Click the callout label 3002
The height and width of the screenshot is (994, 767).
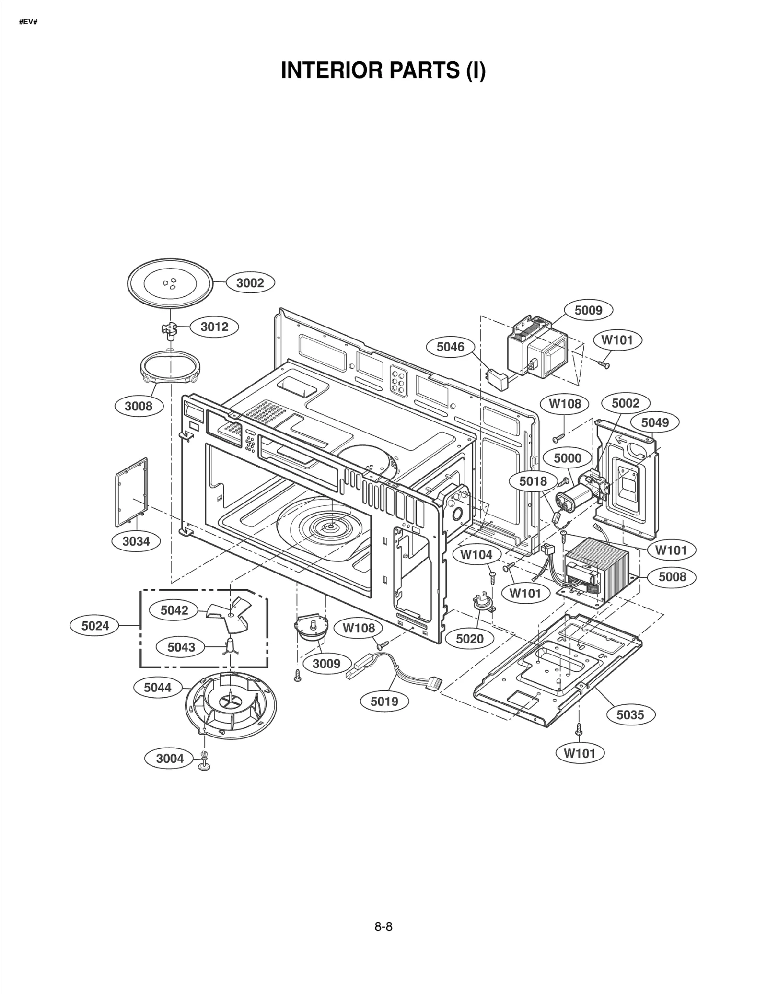click(250, 283)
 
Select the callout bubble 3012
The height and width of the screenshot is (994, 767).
click(214, 327)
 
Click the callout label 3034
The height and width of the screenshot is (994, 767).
click(136, 541)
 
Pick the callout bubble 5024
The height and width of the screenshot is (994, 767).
click(95, 625)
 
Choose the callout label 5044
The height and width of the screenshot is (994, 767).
click(158, 688)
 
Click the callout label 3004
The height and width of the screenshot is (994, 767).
click(170, 759)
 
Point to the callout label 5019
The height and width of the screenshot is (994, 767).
click(384, 702)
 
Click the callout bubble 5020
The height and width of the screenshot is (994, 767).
click(469, 639)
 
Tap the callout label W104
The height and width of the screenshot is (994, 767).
click(476, 555)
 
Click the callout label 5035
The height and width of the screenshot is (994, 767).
click(630, 715)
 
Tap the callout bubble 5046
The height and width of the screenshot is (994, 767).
click(451, 347)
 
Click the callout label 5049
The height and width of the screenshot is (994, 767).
click(655, 422)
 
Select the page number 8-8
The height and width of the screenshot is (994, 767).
click(383, 927)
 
